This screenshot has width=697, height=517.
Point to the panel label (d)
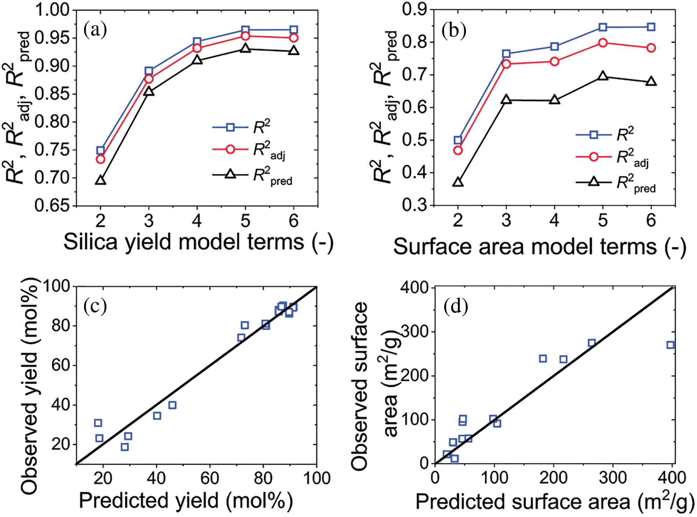pyautogui.click(x=456, y=307)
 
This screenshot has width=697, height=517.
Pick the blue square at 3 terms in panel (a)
pyautogui.click(x=149, y=71)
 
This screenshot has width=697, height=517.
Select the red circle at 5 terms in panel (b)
pyautogui.click(x=602, y=43)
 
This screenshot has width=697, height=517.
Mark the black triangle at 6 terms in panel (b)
pyautogui.click(x=651, y=82)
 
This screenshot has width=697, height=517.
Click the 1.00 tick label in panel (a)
pyautogui.click(x=52, y=10)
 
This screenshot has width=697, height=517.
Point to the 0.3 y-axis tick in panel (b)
pyautogui.click(x=414, y=205)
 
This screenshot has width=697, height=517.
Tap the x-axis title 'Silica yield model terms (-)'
pyautogui.click(x=198, y=242)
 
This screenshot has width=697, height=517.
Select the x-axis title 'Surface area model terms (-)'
pyautogui.click(x=539, y=247)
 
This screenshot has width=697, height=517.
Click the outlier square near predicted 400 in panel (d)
pyautogui.click(x=670, y=345)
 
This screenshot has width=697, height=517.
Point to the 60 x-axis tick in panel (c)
pyautogui.click(x=210, y=478)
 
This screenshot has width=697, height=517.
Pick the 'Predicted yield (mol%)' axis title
pyautogui.click(x=186, y=501)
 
